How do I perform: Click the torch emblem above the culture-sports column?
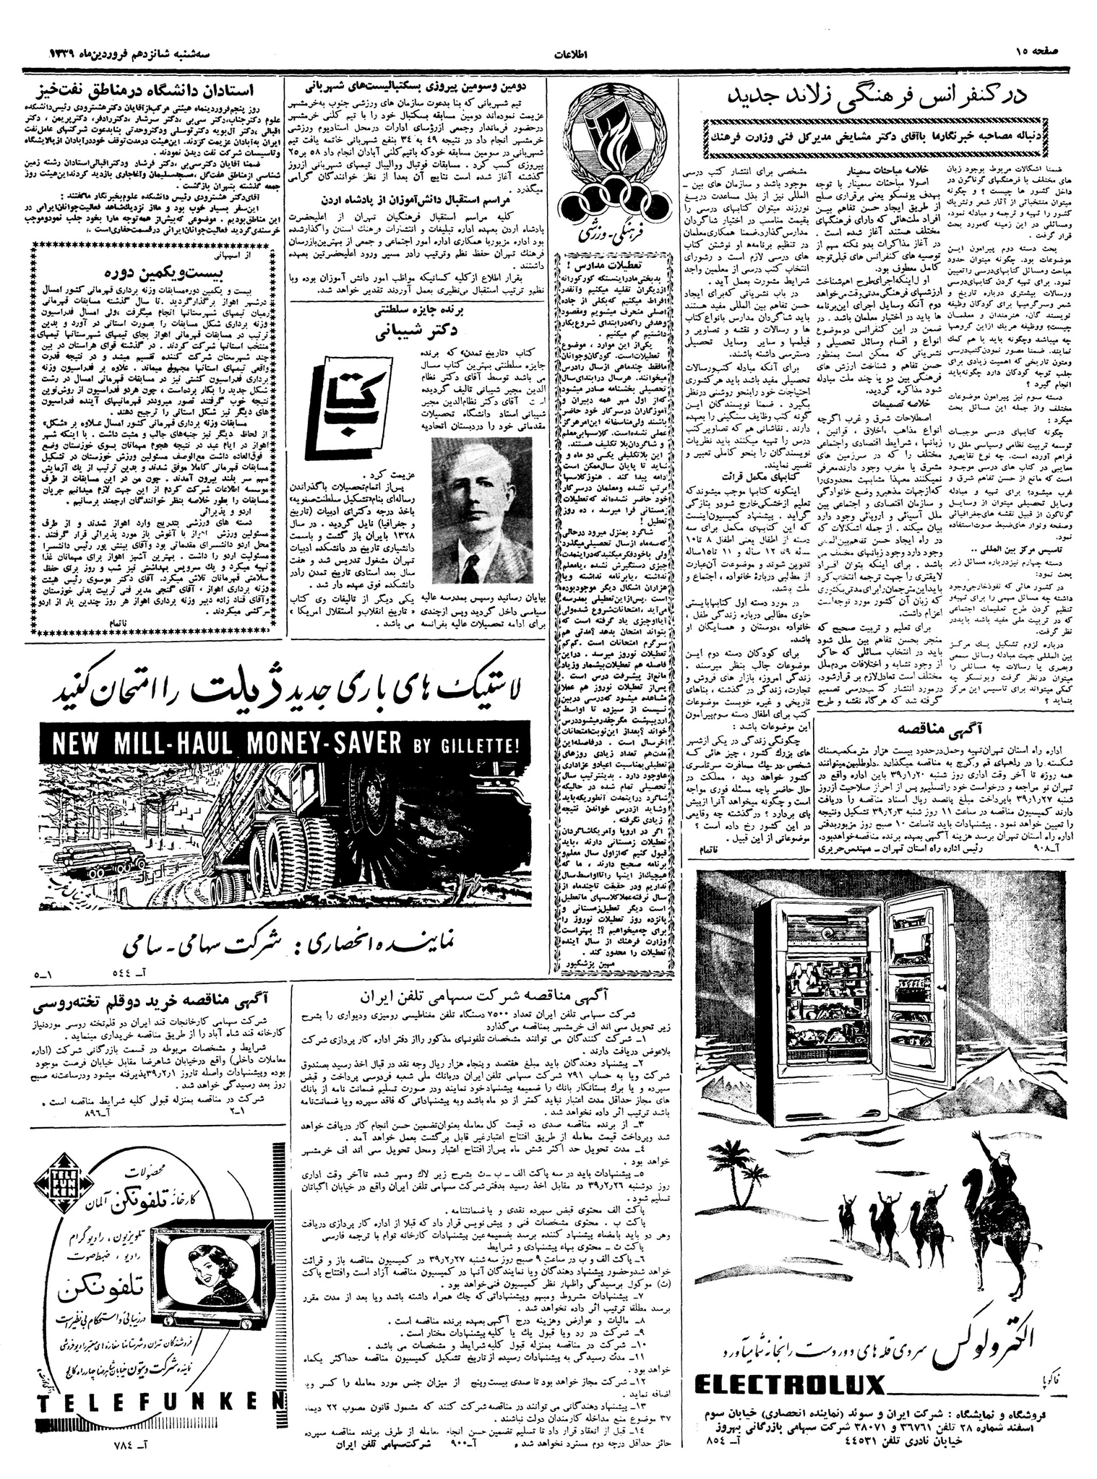[614, 133]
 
